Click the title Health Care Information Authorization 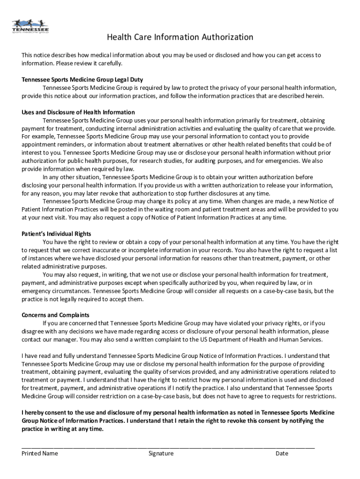point(180,37)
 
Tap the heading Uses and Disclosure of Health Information point(78,112)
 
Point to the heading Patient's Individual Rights point(56,234)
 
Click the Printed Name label point(40,453)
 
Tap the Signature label point(161,453)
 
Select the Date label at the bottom point(282,453)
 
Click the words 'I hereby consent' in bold point(44,413)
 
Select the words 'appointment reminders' point(51,145)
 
